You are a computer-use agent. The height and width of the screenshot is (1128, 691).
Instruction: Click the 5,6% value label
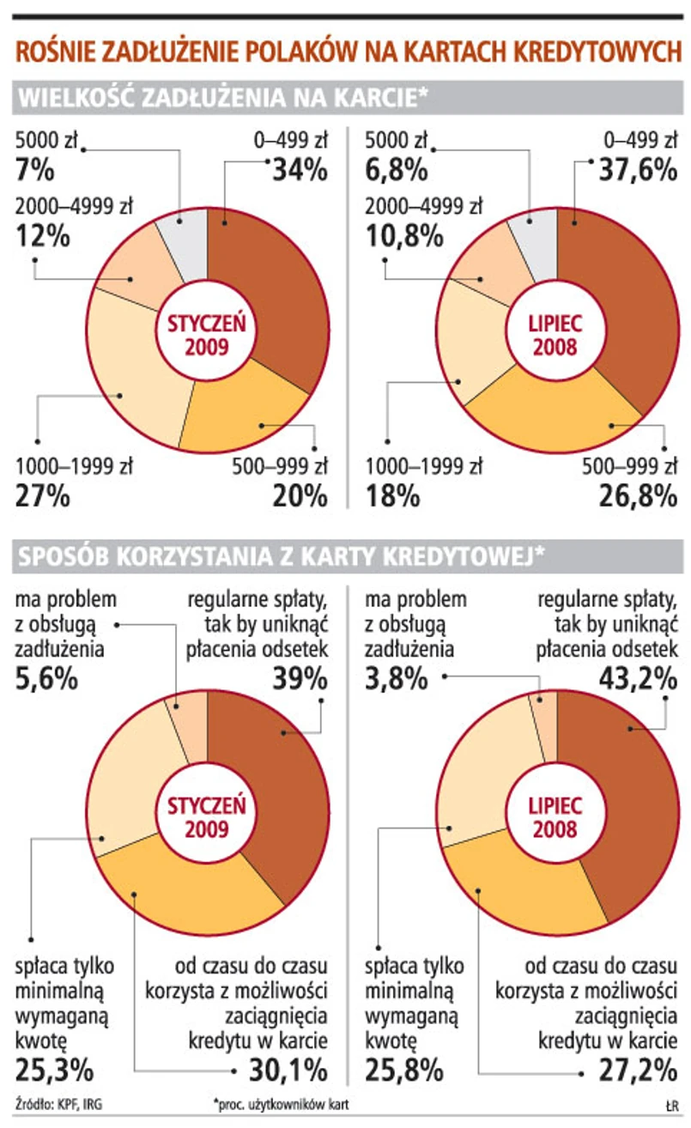48,679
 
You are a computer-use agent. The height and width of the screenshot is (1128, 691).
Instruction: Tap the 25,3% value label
54,1070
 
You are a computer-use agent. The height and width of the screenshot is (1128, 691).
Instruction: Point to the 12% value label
42,235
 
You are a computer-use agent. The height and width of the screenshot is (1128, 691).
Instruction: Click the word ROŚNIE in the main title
54,52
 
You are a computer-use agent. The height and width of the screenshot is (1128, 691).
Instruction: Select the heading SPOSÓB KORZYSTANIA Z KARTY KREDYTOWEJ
280,558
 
